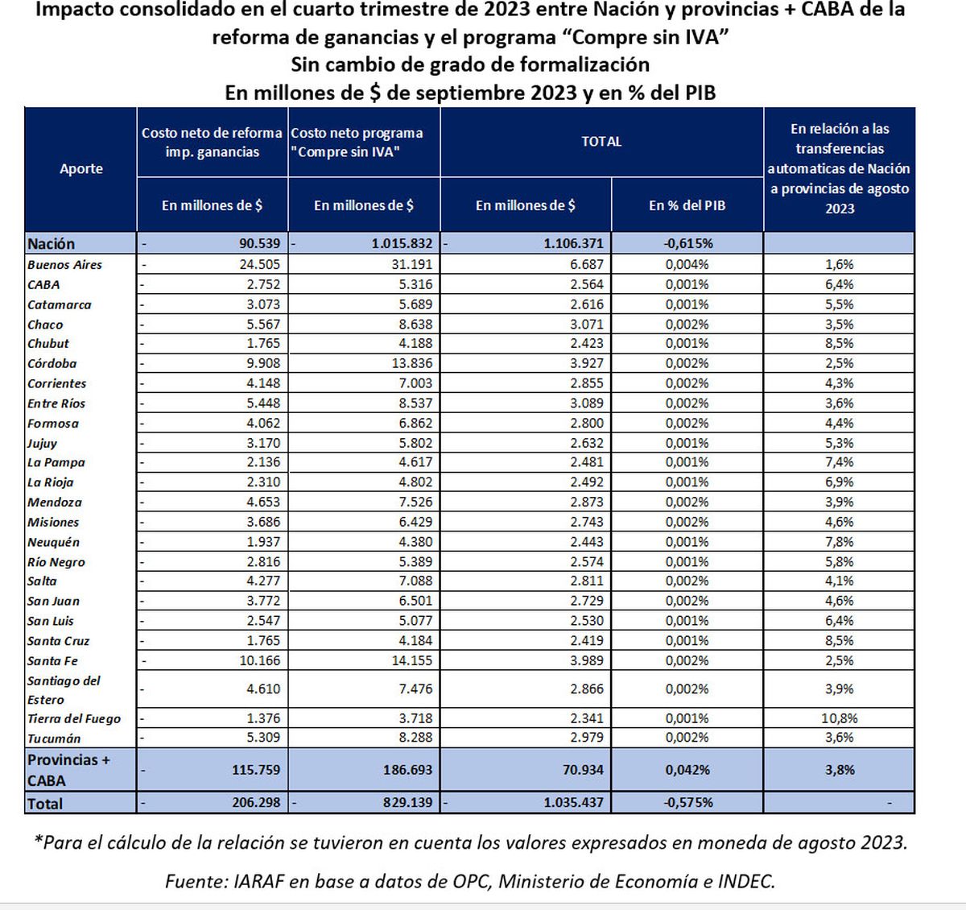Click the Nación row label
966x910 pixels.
tap(51, 243)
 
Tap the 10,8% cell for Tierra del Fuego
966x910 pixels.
tap(839, 718)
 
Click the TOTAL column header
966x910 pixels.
tap(601, 142)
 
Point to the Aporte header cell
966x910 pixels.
tap(80, 168)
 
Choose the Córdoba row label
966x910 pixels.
tap(52, 363)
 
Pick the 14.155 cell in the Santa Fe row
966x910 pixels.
tap(410, 660)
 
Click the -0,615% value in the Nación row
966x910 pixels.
tap(687, 243)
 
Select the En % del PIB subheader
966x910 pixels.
tap(687, 205)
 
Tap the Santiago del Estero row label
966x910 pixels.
tap(64, 689)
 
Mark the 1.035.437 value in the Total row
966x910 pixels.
tap(573, 802)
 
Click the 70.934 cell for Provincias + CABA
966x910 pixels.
tap(582, 769)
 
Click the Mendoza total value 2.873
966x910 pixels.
tap(586, 502)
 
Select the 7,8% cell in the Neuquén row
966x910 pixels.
tap(839, 542)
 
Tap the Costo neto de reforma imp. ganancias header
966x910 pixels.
tap(212, 143)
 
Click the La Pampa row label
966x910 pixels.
tap(56, 462)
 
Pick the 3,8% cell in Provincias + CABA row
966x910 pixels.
tap(839, 769)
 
